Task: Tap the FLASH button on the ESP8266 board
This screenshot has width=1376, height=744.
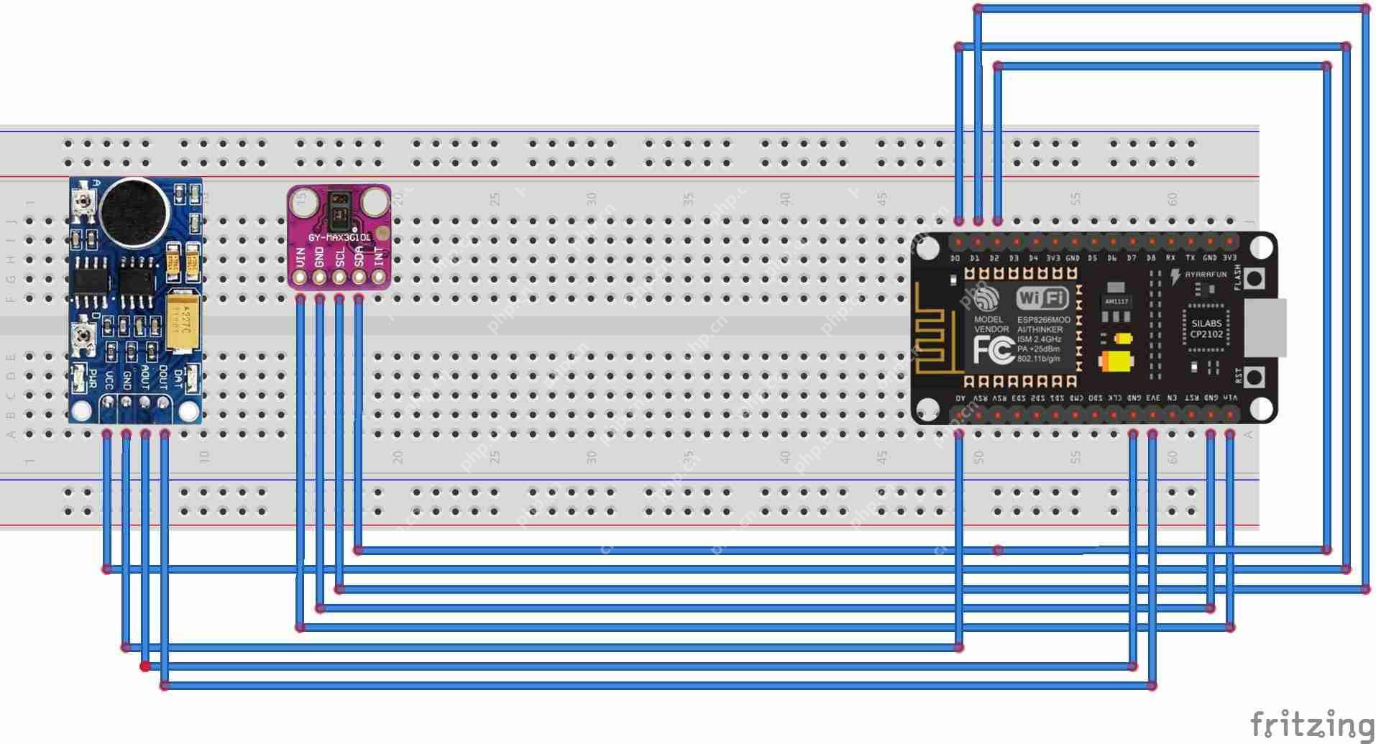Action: click(x=1255, y=277)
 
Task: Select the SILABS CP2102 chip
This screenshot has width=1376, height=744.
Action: click(x=1206, y=329)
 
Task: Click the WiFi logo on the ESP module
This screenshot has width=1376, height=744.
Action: click(x=1042, y=298)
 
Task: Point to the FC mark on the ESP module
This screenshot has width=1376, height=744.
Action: click(x=993, y=349)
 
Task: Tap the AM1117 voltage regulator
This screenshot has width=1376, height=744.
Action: click(x=1116, y=301)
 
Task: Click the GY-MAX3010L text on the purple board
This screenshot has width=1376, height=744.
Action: click(x=339, y=236)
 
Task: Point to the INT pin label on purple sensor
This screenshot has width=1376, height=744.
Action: click(x=379, y=254)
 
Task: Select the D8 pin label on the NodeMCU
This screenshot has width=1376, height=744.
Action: click(x=1151, y=258)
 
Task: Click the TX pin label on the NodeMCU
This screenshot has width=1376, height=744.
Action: click(x=1191, y=258)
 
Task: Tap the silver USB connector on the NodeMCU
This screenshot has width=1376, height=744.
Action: click(x=1265, y=328)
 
